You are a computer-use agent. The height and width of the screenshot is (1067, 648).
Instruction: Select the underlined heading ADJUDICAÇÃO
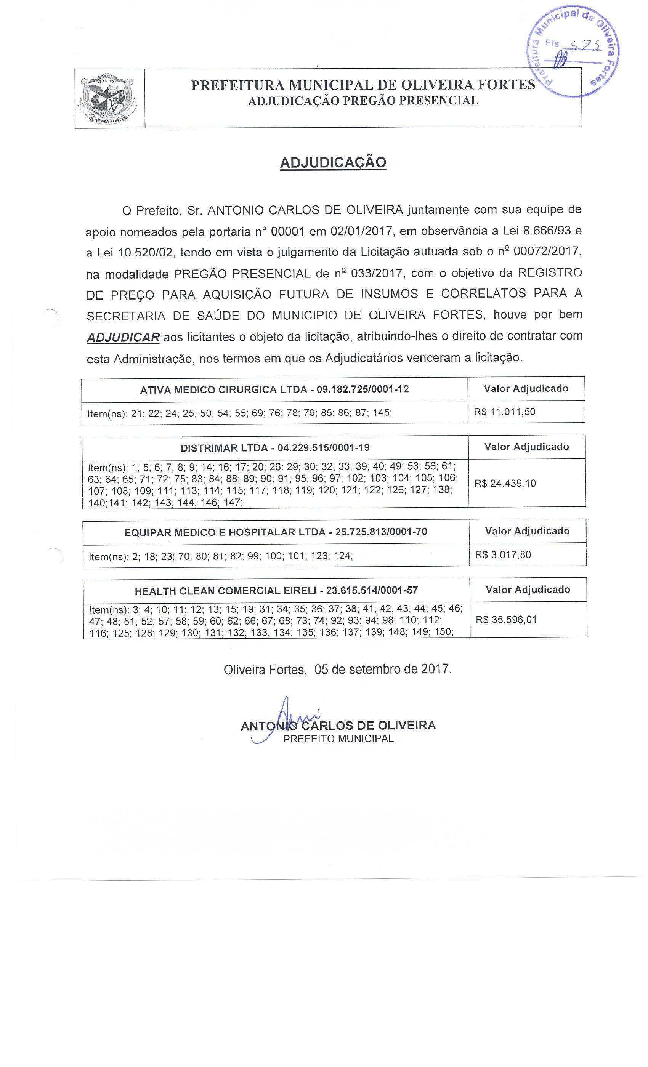pyautogui.click(x=333, y=163)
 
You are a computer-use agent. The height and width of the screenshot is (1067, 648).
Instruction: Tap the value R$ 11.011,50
pyautogui.click(x=504, y=412)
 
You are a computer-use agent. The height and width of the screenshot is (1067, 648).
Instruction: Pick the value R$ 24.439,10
pyautogui.click(x=505, y=483)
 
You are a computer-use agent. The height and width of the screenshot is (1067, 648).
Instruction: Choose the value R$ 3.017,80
pyautogui.click(x=503, y=555)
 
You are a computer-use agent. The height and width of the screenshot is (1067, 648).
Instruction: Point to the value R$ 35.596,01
pyautogui.click(x=506, y=619)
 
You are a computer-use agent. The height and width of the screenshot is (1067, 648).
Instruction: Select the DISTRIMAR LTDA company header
pyautogui.click(x=274, y=447)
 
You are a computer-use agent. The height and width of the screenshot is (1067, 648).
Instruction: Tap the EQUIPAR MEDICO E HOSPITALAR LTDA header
pyautogui.click(x=276, y=532)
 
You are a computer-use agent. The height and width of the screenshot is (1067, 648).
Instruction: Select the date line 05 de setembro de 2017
pyautogui.click(x=337, y=670)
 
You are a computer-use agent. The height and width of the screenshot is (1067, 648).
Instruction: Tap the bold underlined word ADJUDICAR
pyautogui.click(x=123, y=337)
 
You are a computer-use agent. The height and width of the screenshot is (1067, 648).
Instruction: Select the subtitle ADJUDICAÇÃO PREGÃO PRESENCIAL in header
pyautogui.click(x=363, y=101)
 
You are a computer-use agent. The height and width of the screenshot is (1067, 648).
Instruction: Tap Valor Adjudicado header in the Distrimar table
pyautogui.click(x=526, y=447)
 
